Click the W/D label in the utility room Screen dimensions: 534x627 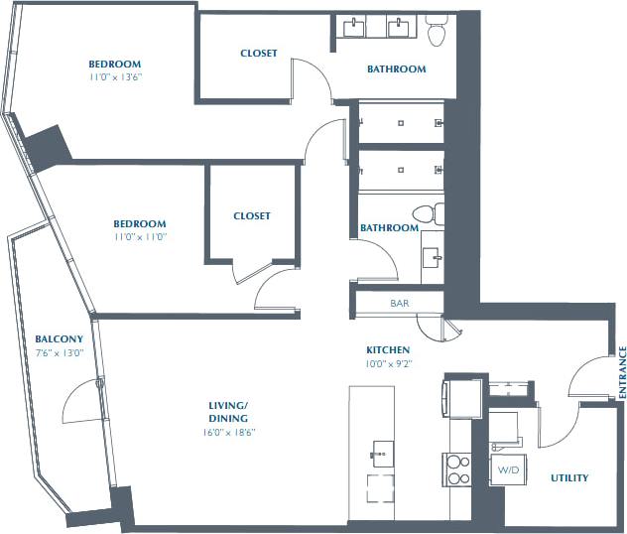(508, 469)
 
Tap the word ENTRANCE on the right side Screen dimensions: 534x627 (622, 372)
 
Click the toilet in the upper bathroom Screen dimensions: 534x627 (436, 34)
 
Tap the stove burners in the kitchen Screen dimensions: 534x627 (457, 468)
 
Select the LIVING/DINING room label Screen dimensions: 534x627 (228, 411)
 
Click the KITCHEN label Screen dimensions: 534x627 (388, 350)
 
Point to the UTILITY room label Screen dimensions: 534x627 (569, 477)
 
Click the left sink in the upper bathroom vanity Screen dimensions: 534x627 (352, 27)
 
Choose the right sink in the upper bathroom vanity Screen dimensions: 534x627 (401, 27)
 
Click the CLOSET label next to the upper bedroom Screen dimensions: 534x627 (259, 53)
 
